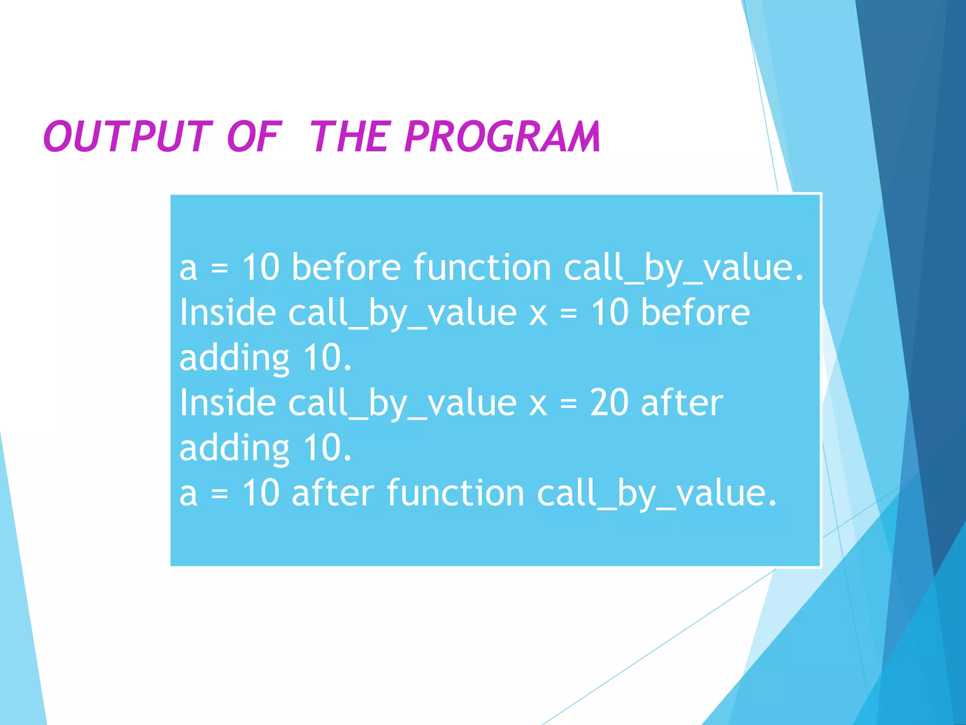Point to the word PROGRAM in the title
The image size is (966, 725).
pos(502,137)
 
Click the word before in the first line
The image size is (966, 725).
pos(346,267)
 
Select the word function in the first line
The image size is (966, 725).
pos(483,267)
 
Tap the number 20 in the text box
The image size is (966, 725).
pos(609,403)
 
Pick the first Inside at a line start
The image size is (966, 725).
pos(228,312)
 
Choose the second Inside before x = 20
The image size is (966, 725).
pos(228,403)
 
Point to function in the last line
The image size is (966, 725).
pos(456,493)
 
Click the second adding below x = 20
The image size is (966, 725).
pos(234,448)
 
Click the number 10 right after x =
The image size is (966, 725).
pos(610,312)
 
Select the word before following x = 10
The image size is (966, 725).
pos(695,312)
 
